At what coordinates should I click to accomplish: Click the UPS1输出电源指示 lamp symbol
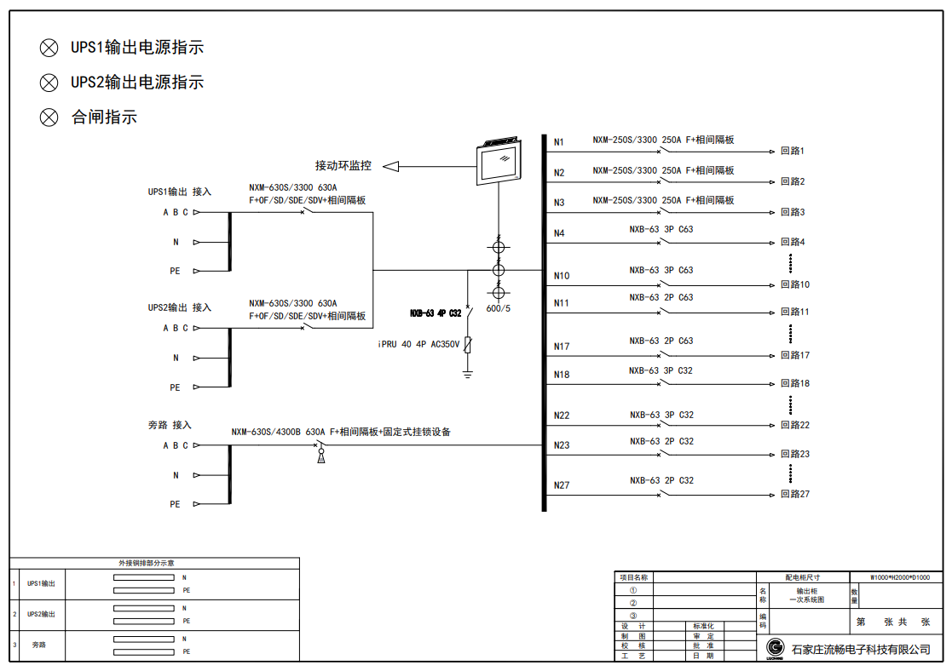49,49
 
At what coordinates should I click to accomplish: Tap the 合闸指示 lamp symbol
49,118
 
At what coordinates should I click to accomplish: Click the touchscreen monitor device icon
498,162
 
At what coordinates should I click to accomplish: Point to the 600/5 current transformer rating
499,308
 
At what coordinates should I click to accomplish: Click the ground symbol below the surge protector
468,373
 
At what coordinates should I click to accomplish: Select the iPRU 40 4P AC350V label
418,344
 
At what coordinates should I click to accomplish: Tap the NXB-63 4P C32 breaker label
436,313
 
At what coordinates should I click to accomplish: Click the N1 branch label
559,142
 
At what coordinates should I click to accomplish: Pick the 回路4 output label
793,243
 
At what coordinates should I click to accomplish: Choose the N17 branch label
562,347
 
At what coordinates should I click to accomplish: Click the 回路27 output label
795,494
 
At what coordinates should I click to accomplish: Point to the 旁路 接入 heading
170,424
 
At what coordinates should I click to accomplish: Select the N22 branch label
562,416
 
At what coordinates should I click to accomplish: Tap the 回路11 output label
795,312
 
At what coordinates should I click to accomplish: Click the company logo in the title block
775,648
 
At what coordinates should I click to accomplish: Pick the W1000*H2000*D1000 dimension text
900,577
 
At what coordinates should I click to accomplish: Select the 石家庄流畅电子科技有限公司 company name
861,650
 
